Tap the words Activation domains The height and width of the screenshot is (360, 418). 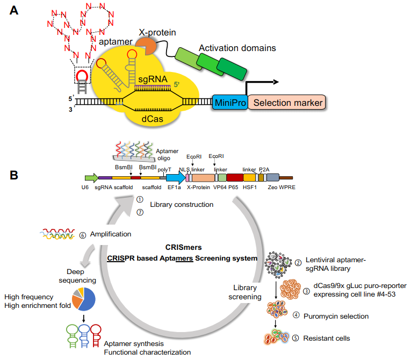pos(237,48)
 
